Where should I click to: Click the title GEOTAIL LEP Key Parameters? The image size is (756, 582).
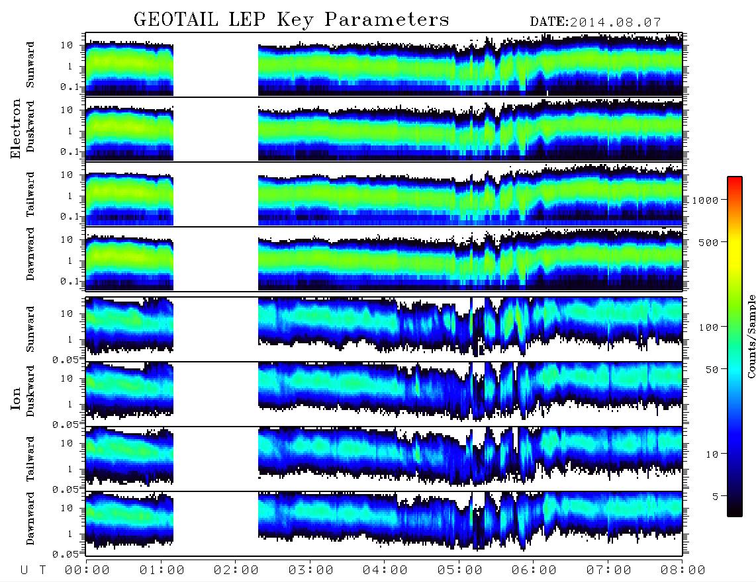point(291,20)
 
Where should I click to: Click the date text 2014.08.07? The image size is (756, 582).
point(615,22)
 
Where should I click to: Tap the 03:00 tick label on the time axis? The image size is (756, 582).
point(310,570)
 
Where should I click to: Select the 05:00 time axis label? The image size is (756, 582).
point(459,570)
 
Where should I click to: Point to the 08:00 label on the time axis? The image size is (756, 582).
point(683,570)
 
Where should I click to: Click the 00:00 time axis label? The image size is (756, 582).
point(87,570)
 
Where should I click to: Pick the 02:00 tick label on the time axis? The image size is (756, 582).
point(236,570)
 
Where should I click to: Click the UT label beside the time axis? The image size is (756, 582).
point(33,570)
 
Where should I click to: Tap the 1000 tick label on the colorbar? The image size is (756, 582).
point(705,200)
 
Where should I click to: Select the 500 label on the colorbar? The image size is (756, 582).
point(708,242)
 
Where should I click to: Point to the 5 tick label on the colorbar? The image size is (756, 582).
point(716,496)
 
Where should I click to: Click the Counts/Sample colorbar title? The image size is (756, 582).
point(751,336)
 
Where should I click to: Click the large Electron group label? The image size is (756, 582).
point(16,128)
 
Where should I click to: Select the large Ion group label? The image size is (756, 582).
point(16,398)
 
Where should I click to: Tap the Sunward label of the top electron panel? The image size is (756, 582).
point(30,65)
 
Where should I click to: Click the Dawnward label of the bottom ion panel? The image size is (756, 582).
point(30,518)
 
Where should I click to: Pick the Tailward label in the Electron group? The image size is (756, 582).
point(30,194)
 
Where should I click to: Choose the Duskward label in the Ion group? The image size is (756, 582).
point(30,391)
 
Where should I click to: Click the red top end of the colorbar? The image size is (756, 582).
point(734,179)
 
